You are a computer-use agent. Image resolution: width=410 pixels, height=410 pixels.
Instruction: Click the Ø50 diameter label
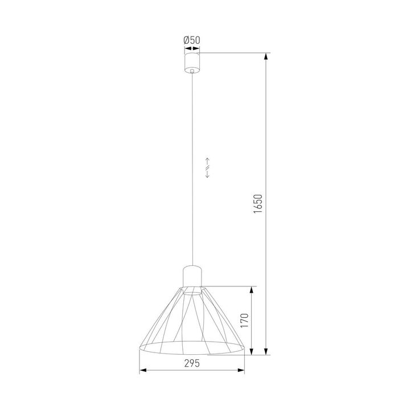tap(191, 40)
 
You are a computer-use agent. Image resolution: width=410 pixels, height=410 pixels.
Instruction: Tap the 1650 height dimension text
tap(257, 204)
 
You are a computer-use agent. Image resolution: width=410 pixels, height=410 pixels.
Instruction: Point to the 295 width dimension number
tap(191, 364)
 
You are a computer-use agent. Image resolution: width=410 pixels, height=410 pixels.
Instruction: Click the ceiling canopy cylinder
tap(192, 61)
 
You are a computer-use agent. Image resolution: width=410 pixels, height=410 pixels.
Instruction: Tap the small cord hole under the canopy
tap(192, 72)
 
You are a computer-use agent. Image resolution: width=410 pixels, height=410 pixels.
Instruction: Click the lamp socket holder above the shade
tap(192, 276)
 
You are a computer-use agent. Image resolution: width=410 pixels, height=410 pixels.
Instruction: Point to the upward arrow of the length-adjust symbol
tap(208, 160)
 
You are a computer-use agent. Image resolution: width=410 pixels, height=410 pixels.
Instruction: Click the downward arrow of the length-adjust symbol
tap(208, 175)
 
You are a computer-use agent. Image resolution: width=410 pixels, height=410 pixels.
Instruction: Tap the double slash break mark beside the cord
tap(208, 168)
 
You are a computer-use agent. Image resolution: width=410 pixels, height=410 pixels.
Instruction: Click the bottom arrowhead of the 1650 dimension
tap(266, 352)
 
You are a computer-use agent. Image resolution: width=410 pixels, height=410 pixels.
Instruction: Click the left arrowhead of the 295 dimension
tap(142, 371)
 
